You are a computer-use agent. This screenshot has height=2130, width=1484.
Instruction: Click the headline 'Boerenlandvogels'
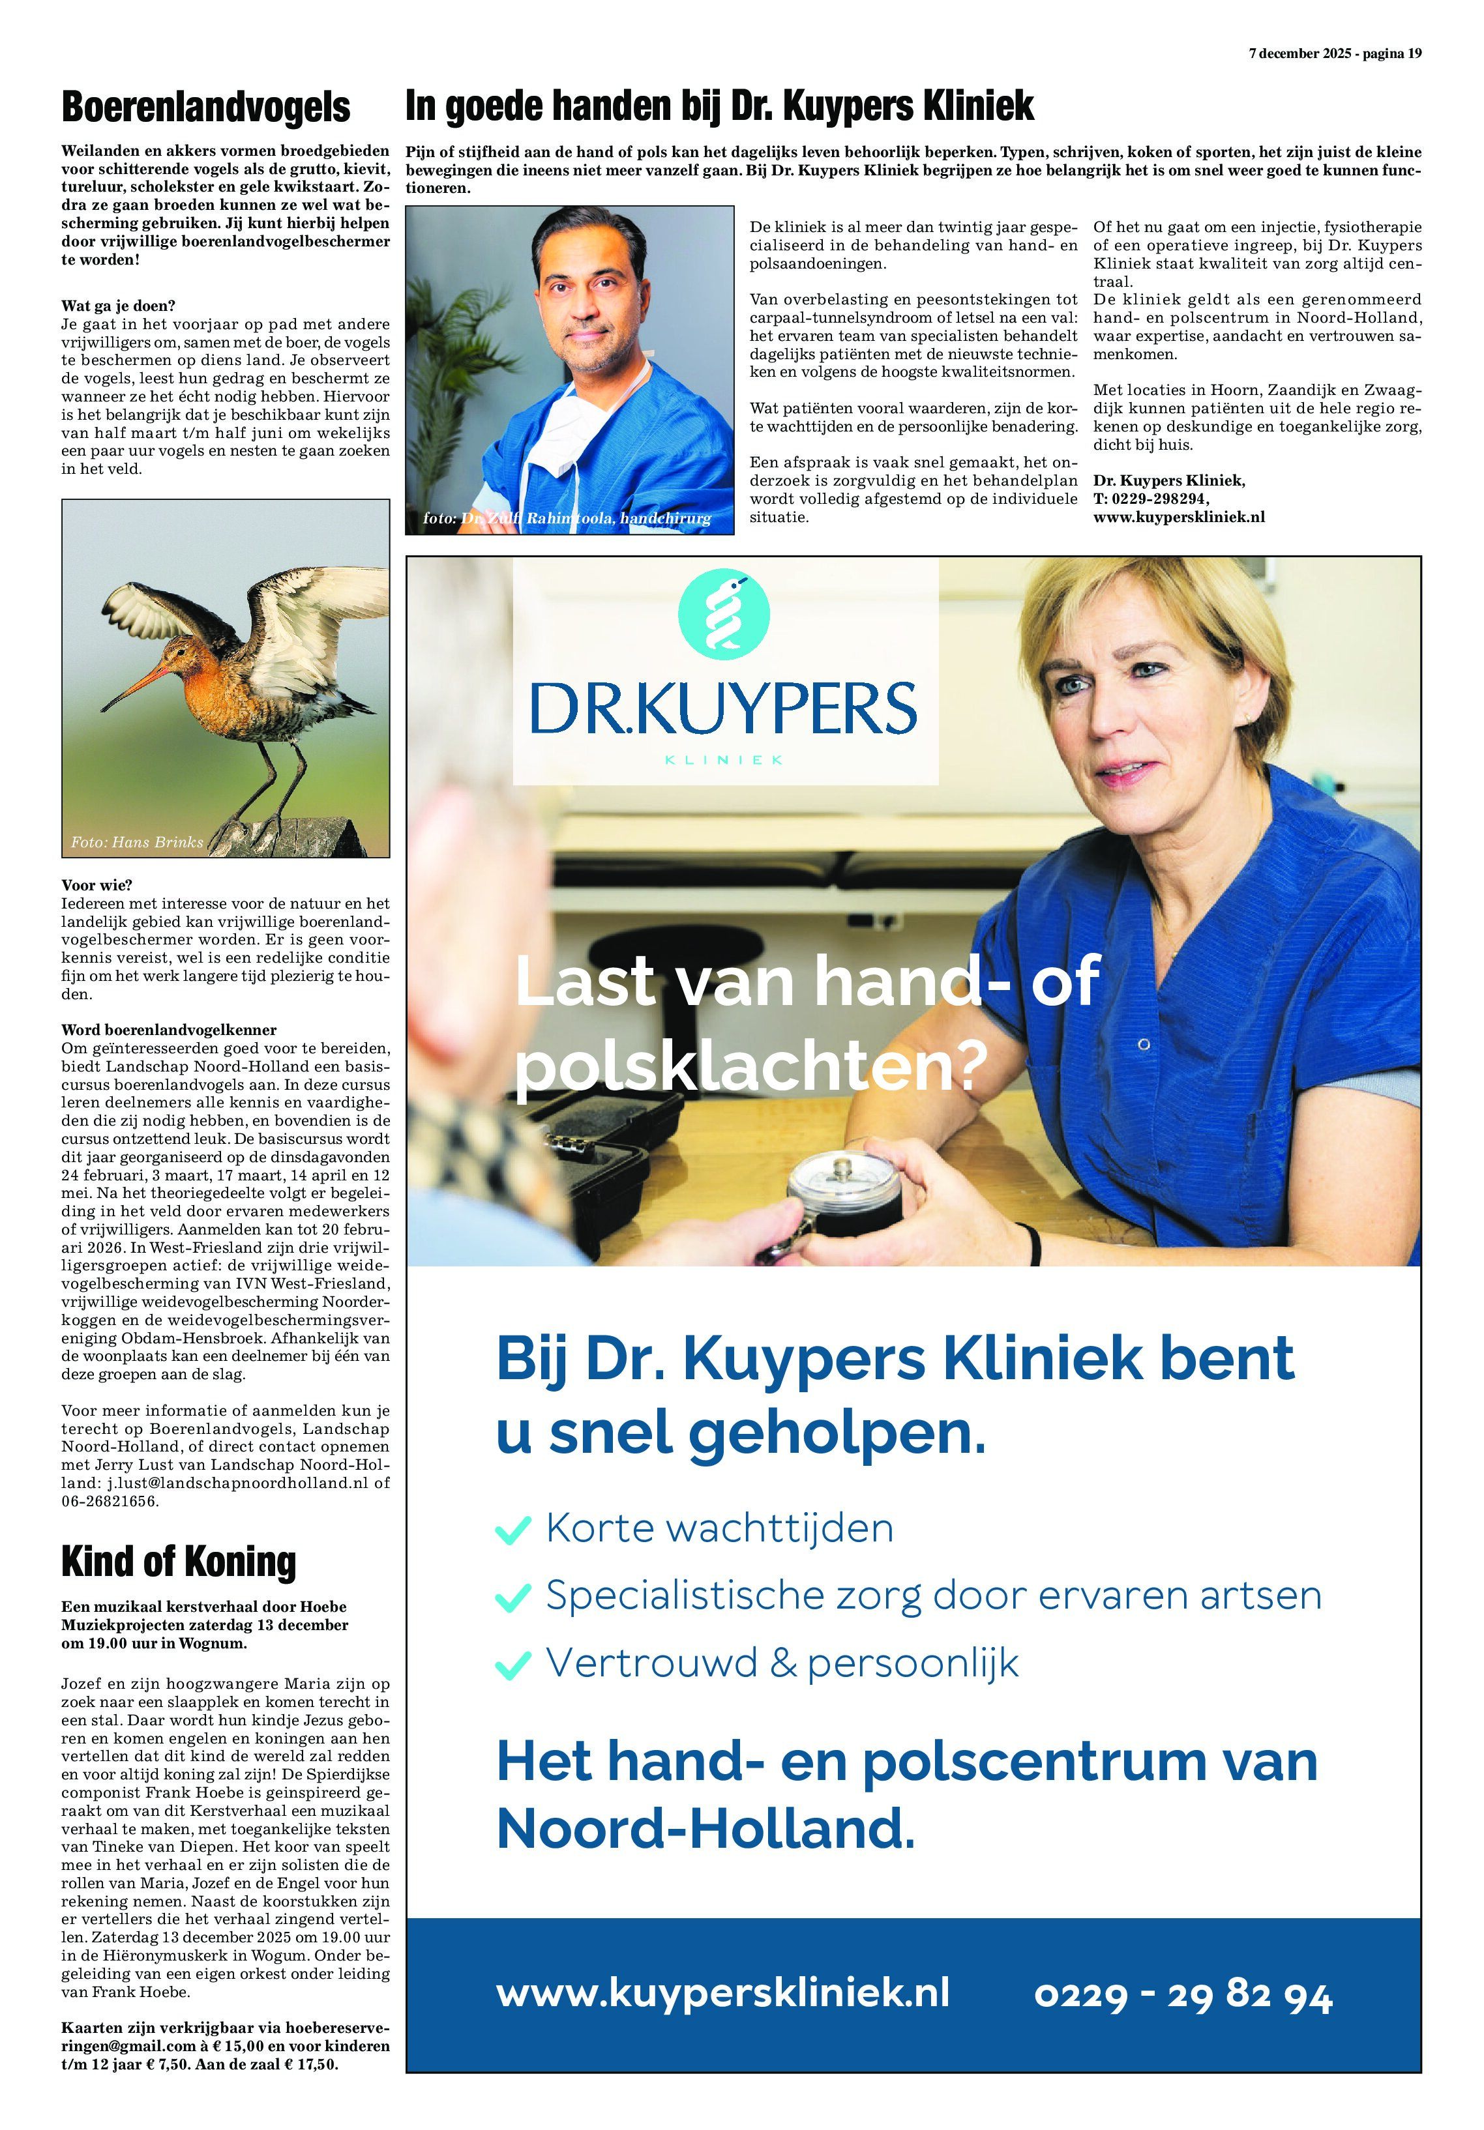[x=205, y=107]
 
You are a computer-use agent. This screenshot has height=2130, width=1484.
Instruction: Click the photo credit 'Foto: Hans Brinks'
[x=136, y=842]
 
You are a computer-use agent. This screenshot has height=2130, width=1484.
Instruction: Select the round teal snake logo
[x=724, y=614]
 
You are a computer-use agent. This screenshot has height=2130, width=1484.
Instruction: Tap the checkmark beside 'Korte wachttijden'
[x=513, y=1529]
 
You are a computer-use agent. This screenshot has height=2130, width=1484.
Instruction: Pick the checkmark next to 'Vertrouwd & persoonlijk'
[x=513, y=1664]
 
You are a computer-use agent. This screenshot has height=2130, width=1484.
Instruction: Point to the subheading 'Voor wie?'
[x=96, y=885]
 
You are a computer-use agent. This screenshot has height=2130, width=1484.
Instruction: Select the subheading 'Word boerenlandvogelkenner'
[x=169, y=1030]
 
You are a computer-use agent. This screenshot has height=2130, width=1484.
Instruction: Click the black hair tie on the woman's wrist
[x=1035, y=1243]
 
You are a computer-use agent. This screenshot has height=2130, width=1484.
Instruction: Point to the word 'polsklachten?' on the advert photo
[x=750, y=1068]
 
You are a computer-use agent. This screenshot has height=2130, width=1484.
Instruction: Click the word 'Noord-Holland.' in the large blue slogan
[x=705, y=1828]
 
